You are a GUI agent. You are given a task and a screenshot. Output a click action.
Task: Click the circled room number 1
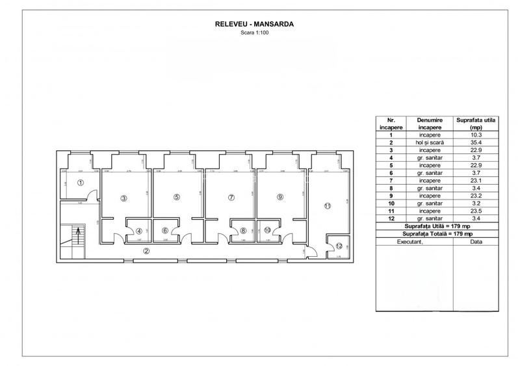click(x=80, y=183)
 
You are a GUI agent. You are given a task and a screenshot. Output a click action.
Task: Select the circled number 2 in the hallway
click(x=146, y=250)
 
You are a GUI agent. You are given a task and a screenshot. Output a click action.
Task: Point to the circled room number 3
click(x=123, y=198)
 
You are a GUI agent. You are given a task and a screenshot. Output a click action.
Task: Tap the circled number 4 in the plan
click(x=138, y=230)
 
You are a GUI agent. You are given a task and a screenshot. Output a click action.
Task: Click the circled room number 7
click(x=231, y=197)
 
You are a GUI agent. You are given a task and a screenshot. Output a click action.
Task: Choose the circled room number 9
click(x=279, y=197)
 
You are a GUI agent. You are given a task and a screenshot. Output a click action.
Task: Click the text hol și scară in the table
click(x=430, y=142)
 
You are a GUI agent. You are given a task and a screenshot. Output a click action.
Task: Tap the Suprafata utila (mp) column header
click(x=476, y=124)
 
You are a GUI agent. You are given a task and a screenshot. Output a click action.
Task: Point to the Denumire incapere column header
click(x=430, y=124)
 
